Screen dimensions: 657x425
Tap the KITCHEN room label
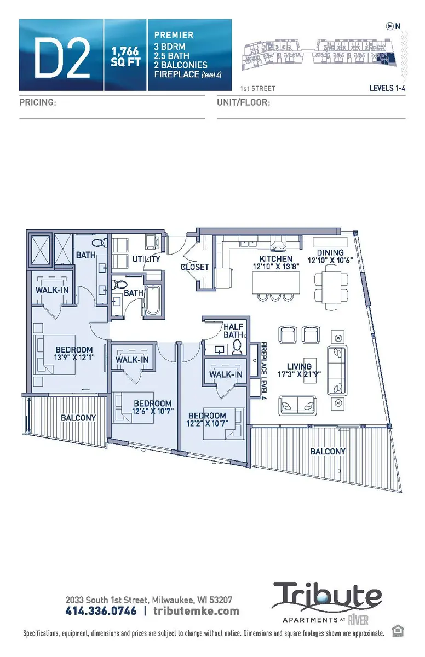277,258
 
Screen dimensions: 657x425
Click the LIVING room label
299,366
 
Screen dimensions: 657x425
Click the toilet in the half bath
237,346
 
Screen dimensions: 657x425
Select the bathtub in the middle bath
153,299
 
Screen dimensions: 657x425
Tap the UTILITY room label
146,259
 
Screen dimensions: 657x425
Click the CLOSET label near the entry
195,267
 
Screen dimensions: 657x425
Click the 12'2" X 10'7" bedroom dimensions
206,424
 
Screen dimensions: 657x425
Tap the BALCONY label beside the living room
328,452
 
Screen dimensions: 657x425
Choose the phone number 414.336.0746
101,610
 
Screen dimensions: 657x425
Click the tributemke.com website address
196,610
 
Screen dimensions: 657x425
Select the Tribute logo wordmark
328,598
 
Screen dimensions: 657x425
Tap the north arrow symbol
389,25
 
